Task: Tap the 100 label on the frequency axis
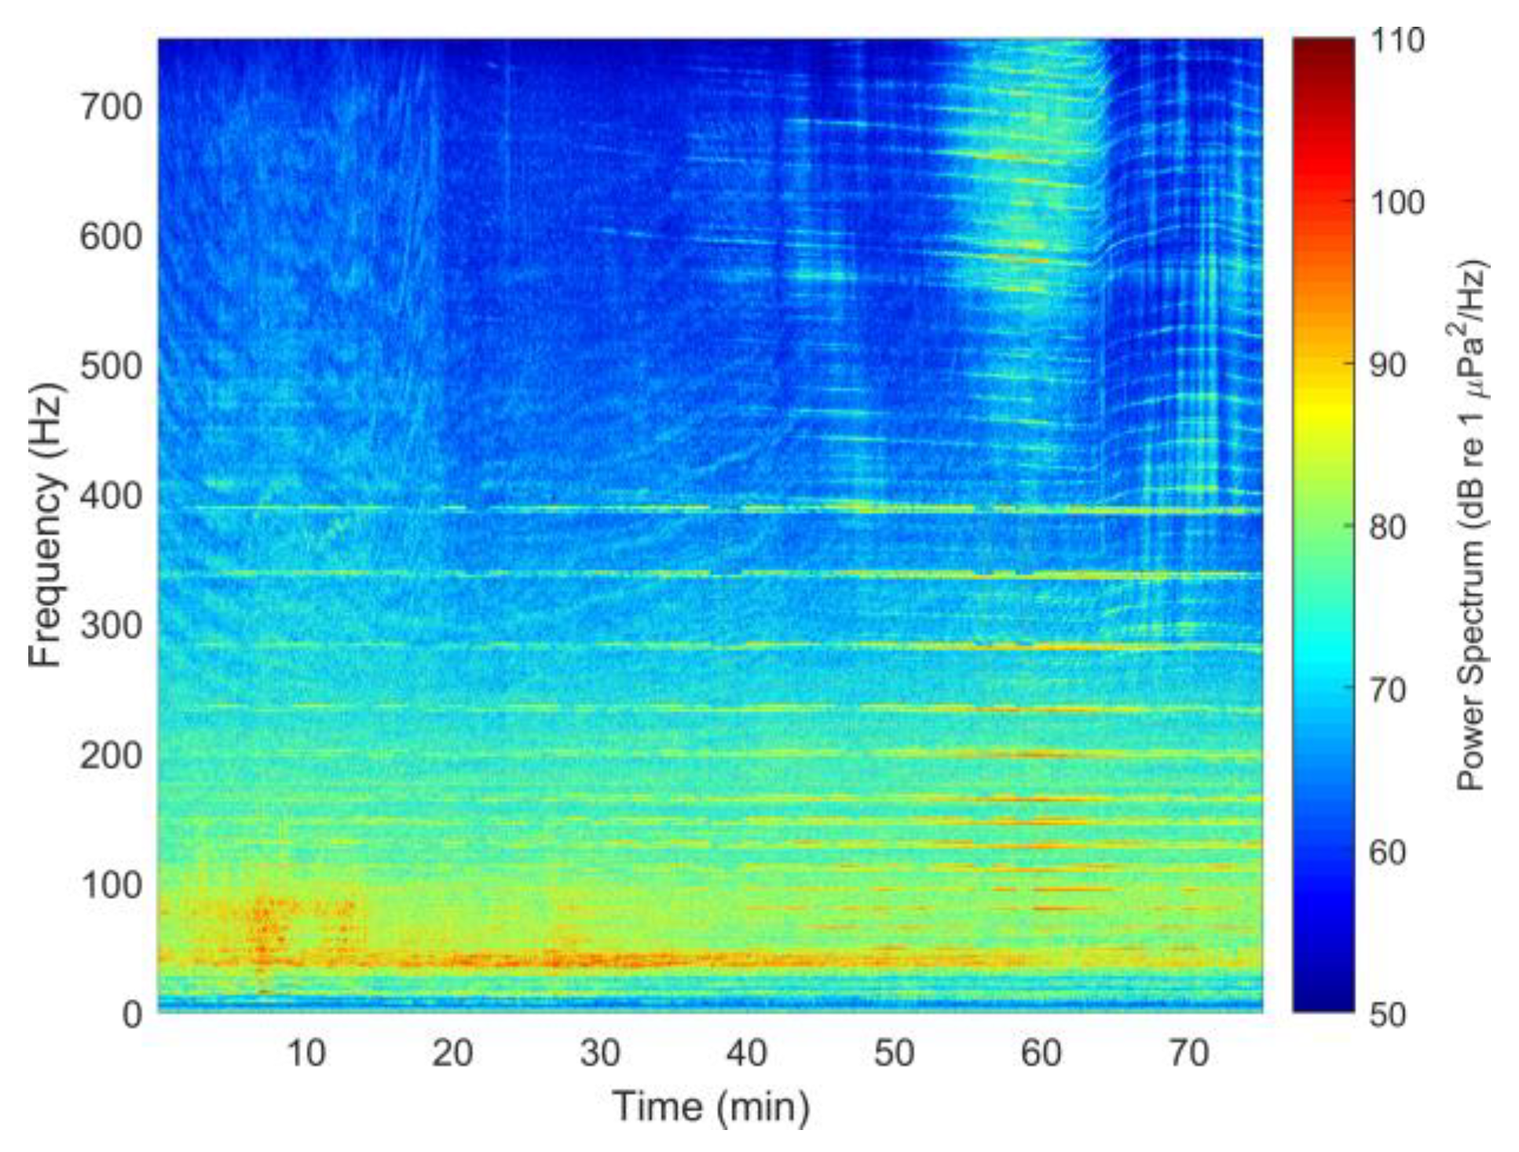[110, 885]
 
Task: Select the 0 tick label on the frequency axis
[132, 1014]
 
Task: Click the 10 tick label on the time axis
[306, 1053]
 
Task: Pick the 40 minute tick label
[747, 1053]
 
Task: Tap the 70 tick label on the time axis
[1188, 1053]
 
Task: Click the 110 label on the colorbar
[1397, 40]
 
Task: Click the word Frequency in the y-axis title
[45, 571]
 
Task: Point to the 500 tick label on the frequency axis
[110, 366]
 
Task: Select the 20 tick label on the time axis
[452, 1053]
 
